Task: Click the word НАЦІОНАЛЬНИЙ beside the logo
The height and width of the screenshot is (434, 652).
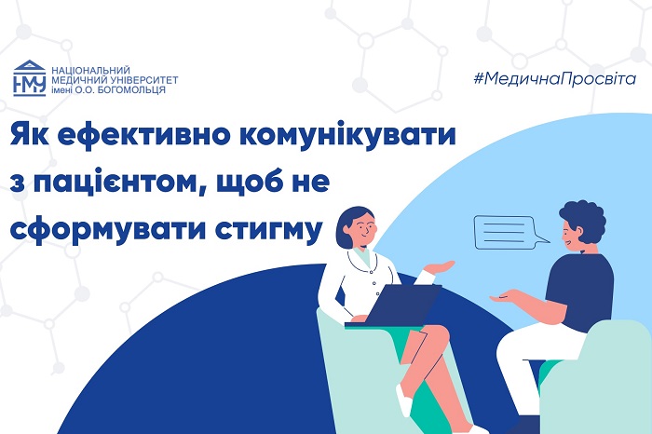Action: point(89,71)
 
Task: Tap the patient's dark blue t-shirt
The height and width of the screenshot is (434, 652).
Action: point(579,288)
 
